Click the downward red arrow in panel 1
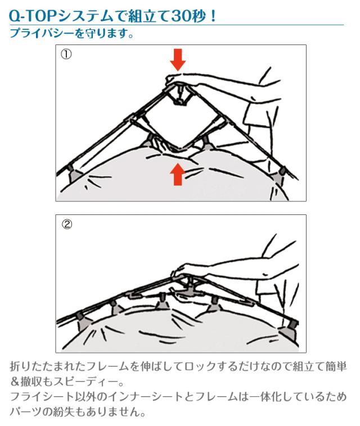pyautogui.click(x=178, y=60)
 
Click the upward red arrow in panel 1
pyautogui.click(x=178, y=174)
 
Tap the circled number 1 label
pyautogui.click(x=66, y=55)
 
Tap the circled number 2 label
pyautogui.click(x=67, y=224)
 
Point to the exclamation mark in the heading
pyautogui.click(x=213, y=16)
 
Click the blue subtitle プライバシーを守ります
pyautogui.click(x=71, y=33)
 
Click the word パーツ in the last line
pyautogui.click(x=26, y=412)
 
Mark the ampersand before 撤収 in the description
pyautogui.click(x=15, y=382)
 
